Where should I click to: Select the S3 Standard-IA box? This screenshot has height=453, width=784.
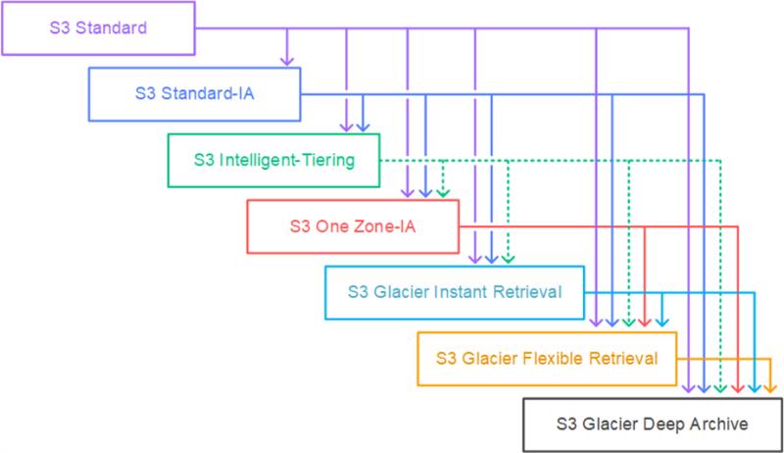tap(192, 94)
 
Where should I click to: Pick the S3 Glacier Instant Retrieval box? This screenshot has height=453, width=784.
tap(454, 291)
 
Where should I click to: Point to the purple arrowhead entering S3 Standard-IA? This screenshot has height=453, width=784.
tap(286, 62)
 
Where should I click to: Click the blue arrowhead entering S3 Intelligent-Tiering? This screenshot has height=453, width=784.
tap(363, 127)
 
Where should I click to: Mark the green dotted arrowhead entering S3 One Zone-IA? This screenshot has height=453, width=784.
tap(443, 192)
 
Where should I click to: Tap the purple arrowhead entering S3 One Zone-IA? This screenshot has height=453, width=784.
tap(409, 192)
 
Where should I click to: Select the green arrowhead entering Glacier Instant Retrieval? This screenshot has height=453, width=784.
tap(508, 259)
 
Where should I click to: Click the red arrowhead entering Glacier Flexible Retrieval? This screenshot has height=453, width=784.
tap(644, 324)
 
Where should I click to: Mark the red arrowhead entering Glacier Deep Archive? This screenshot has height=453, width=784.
tap(737, 390)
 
